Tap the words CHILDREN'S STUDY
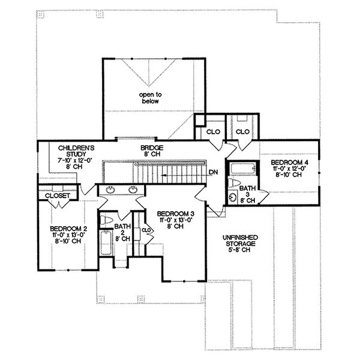pyautogui.click(x=74, y=151)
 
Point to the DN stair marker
pyautogui.click(x=213, y=173)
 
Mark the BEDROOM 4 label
pyautogui.click(x=289, y=163)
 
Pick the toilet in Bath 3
pyautogui.click(x=236, y=184)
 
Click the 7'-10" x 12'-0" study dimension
pyautogui.click(x=74, y=161)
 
